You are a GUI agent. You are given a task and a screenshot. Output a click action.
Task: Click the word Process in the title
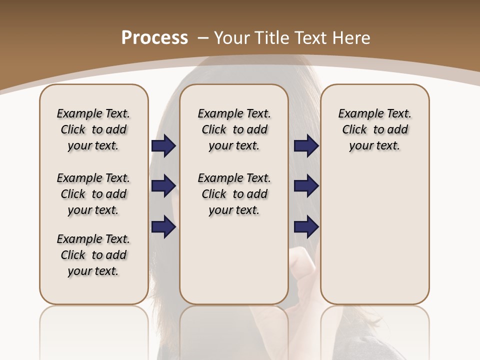pos(154,37)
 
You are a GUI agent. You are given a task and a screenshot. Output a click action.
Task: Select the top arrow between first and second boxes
pos(164,145)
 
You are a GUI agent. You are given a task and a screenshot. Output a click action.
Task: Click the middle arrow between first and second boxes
pos(164,186)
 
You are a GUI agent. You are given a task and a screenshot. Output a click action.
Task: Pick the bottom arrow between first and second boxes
pos(164,226)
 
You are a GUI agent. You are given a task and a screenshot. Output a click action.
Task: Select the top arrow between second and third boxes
pos(306,145)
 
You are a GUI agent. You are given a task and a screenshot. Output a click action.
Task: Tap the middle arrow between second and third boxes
pos(306,186)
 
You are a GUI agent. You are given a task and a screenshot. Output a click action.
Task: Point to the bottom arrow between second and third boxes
pos(306,226)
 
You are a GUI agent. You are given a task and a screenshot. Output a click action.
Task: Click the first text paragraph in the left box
pos(93,129)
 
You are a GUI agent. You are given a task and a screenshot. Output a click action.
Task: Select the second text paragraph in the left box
pos(93,194)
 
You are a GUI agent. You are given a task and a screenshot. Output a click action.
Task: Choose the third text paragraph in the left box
pos(93,255)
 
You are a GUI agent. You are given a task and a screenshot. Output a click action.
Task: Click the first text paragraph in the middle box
pos(234,129)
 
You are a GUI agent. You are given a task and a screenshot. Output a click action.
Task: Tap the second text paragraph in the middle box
pos(234,194)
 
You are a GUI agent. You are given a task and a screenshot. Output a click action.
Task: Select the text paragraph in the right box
pos(375,129)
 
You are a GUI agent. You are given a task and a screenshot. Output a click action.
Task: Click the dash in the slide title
pos(203,37)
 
